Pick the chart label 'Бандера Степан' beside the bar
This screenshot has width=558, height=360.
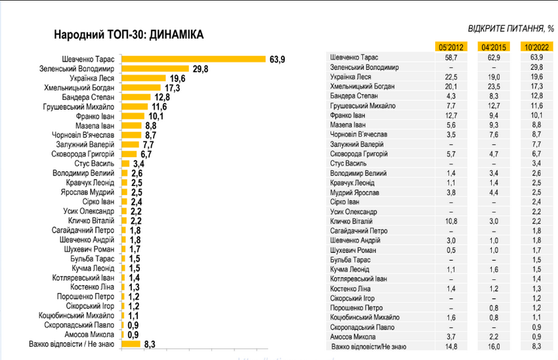coord(88,97)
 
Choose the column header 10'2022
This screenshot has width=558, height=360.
coord(535,47)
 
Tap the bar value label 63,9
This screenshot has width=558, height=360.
coord(277,58)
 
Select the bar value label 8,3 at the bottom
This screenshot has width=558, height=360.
coord(149,343)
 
